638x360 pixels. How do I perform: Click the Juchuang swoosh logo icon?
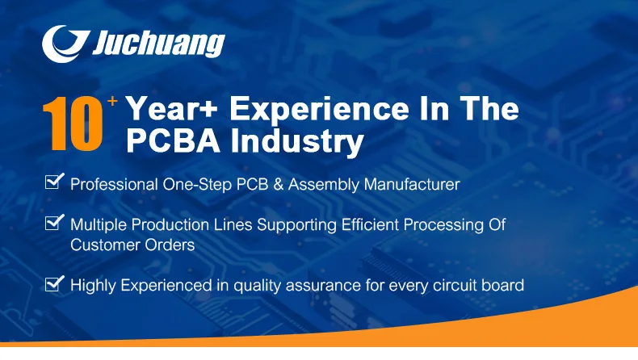coord(65,44)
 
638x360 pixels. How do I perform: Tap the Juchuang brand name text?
coord(158,44)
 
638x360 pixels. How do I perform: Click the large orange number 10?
coord(73,123)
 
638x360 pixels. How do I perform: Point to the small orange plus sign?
coord(112,100)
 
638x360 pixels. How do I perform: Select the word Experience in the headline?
coord(320,110)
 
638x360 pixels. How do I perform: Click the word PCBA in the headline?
coord(174,140)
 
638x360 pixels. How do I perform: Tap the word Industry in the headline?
coord(297,142)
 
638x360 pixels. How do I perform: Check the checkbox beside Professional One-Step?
coord(55,181)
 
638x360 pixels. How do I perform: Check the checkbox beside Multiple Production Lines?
coord(55,222)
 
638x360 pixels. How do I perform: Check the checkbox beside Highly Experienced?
coord(55,283)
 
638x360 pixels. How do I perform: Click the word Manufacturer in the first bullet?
coord(412,184)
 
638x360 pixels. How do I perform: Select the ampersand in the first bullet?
coord(279,184)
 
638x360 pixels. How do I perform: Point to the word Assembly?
coord(324,185)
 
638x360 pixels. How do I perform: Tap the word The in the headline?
coord(490,109)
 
